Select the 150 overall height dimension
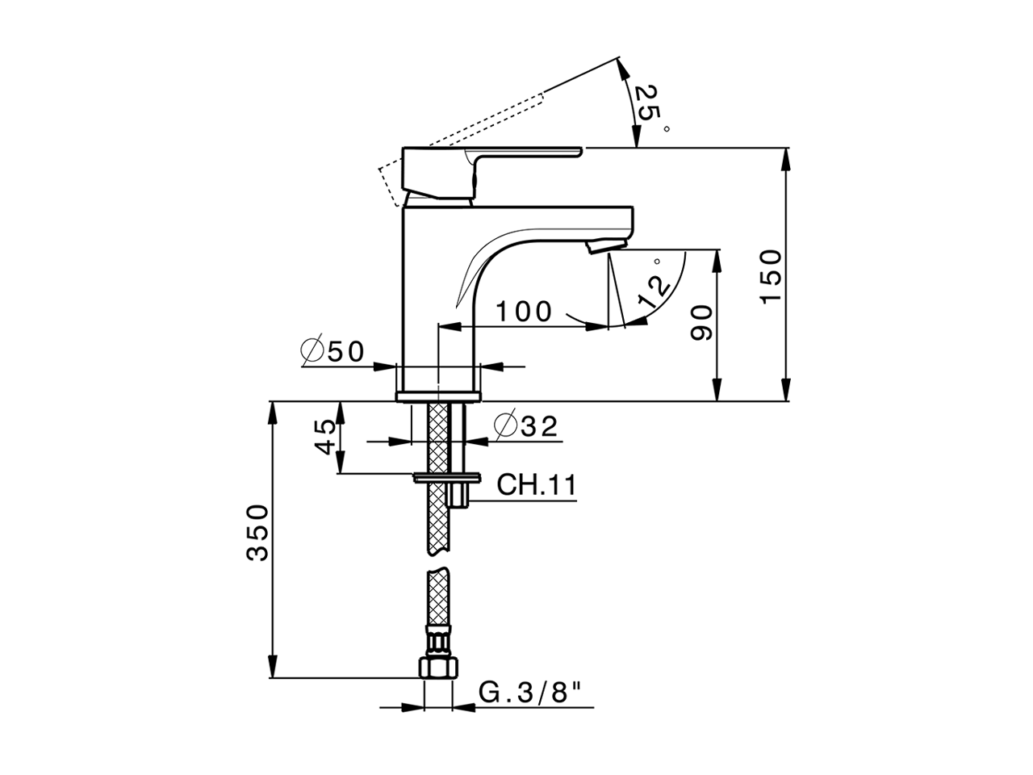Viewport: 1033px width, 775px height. tap(772, 276)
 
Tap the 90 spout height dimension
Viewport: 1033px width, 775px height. tap(703, 323)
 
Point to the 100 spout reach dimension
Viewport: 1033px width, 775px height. tap(523, 312)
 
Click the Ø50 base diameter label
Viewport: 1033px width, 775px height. tap(332, 351)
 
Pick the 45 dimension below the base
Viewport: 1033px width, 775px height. tap(325, 437)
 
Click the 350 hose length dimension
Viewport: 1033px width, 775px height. tap(257, 532)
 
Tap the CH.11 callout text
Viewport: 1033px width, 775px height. tap(537, 485)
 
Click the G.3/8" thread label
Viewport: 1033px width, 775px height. tap(530, 692)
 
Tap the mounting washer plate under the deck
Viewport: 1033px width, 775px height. tap(447, 476)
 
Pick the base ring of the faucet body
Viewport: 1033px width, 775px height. tap(438, 396)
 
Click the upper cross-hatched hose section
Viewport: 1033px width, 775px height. tap(437, 476)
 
